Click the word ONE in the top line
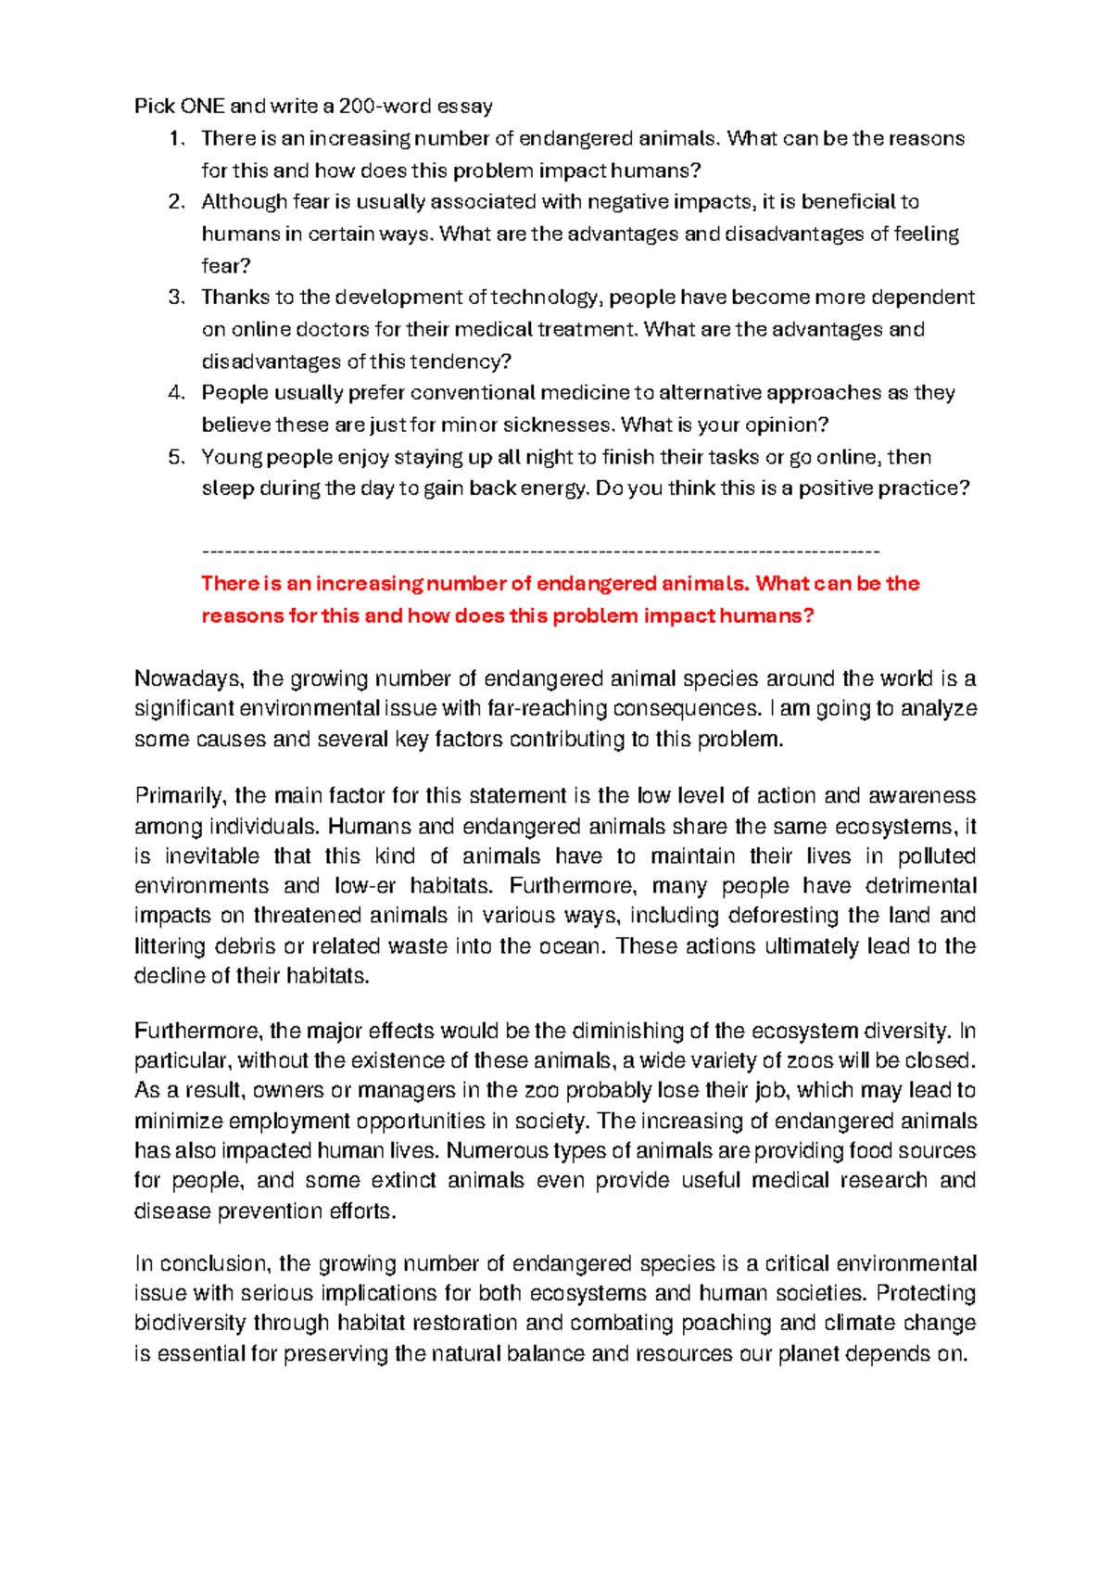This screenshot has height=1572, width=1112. coord(203,106)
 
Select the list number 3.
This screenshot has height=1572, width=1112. coord(176,298)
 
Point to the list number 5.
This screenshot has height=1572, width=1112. coord(176,457)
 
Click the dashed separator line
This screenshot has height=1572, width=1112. coord(539,551)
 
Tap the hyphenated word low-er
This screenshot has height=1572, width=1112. coord(365,885)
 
